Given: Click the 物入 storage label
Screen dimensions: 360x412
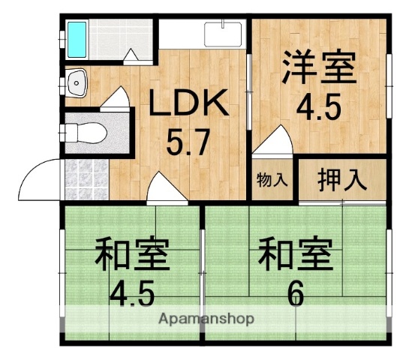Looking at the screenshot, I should (x=271, y=180).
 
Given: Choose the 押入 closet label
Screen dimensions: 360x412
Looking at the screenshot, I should (x=341, y=180).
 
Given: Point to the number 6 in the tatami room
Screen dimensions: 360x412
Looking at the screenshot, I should (x=295, y=293).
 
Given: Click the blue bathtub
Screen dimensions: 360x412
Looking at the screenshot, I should (x=77, y=39).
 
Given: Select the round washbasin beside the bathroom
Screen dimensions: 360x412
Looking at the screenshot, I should (x=76, y=83).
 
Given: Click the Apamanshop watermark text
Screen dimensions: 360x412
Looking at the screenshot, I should (x=206, y=319).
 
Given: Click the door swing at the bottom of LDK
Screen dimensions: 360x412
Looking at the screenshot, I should (x=166, y=187).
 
